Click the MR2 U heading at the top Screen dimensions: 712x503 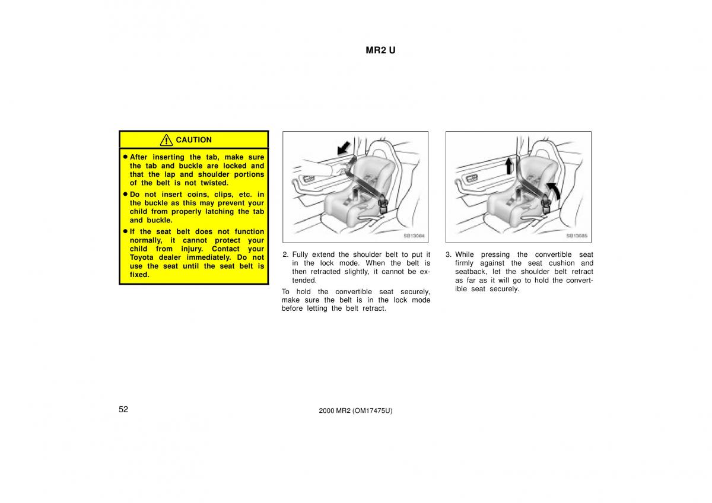tap(380, 50)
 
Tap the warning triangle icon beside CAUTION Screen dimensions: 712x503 tap(166, 140)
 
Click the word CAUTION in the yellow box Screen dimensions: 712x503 tap(193, 140)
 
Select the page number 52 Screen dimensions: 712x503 tap(123, 409)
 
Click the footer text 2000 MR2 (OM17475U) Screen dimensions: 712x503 tap(355, 410)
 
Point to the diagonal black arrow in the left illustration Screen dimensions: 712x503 tap(344, 148)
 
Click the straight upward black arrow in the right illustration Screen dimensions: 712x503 tap(509, 166)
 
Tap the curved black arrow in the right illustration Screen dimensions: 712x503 tap(554, 190)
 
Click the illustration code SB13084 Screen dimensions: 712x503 tap(414, 235)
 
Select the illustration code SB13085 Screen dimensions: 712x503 tap(577, 235)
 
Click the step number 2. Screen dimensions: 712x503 tap(285, 254)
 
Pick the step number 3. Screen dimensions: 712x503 tap(448, 254)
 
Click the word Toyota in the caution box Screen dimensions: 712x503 tap(141, 257)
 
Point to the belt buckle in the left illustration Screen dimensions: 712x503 tap(383, 205)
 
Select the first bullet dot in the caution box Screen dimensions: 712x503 tap(125, 157)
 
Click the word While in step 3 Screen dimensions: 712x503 tap(465, 254)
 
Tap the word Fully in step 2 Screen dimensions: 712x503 tap(300, 255)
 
